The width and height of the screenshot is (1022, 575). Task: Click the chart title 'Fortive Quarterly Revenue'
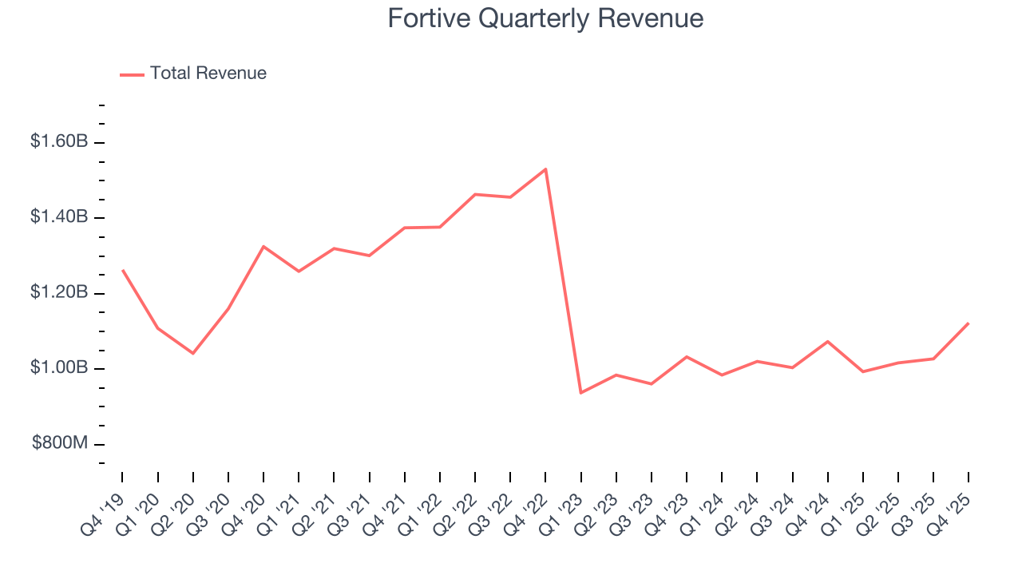tap(545, 18)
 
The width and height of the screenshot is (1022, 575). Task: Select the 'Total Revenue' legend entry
tap(208, 73)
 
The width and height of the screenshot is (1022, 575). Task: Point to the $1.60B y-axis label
tap(59, 142)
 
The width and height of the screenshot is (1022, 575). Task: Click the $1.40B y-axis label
tap(59, 217)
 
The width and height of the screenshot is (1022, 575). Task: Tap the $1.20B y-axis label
tap(59, 293)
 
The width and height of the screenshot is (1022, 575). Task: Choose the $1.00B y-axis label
tap(59, 368)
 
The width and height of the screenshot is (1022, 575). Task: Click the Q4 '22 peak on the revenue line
tap(545, 169)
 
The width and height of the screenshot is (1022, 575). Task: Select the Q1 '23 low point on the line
tap(580, 393)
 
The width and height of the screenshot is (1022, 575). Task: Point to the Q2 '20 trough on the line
tap(193, 353)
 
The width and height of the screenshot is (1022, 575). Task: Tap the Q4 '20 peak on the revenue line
tap(263, 247)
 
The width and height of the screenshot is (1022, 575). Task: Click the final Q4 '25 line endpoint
tap(968, 323)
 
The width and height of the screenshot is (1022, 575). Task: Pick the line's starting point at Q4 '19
tap(123, 270)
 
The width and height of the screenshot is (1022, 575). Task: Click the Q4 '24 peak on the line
tap(827, 342)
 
